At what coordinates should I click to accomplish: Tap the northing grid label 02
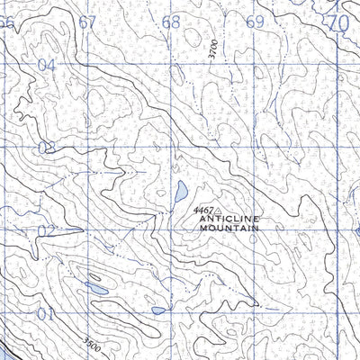pyautogui.click(x=47, y=230)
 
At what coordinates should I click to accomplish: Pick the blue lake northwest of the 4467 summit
pyautogui.click(x=181, y=191)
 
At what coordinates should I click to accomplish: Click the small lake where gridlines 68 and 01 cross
pyautogui.click(x=159, y=310)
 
